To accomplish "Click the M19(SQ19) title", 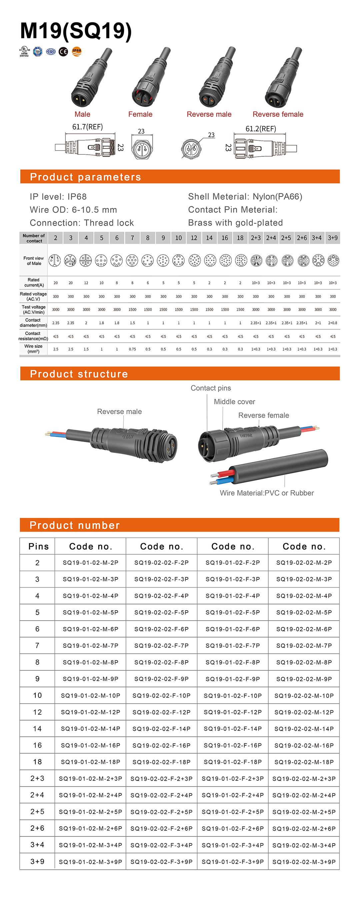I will click(x=76, y=31).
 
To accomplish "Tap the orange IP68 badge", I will click(x=77, y=52).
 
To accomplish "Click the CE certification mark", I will click(x=63, y=52).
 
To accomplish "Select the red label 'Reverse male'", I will click(x=209, y=114).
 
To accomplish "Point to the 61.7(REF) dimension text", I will click(x=87, y=127).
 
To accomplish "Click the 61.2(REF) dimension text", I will click(x=261, y=129).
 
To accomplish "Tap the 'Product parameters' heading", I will click(x=85, y=177).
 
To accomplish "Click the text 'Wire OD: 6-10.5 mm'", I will click(x=73, y=210).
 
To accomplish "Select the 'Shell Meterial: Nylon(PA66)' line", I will click(x=245, y=196).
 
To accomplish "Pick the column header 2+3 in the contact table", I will click(x=256, y=238).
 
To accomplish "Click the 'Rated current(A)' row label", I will click(x=34, y=282).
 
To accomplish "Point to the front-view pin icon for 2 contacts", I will click(x=55, y=260).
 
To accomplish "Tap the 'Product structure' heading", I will click(x=79, y=374).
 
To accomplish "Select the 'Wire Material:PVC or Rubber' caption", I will click(x=267, y=493).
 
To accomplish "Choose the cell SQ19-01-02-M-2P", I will click(x=91, y=562).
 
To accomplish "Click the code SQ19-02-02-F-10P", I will click(x=162, y=695).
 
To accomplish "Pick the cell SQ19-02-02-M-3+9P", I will click(x=304, y=861).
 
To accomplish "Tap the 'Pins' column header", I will click(x=38, y=546).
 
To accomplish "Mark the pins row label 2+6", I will click(x=37, y=828).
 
